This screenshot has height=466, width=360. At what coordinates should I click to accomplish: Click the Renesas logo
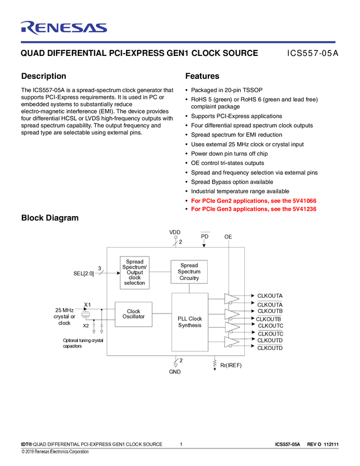click(x=64, y=28)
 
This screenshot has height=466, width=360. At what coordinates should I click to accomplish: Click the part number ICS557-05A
click(x=313, y=53)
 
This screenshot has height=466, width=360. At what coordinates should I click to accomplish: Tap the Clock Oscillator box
click(x=133, y=314)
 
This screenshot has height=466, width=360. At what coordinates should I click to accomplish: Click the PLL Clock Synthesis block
click(x=190, y=322)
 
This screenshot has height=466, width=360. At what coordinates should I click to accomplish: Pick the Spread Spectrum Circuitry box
click(x=189, y=272)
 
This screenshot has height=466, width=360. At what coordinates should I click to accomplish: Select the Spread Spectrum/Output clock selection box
click(x=134, y=272)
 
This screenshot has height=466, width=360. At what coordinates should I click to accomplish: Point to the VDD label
click(x=175, y=232)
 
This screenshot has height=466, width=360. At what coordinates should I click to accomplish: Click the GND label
click(x=175, y=372)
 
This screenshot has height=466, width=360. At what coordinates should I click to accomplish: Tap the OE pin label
click(x=228, y=236)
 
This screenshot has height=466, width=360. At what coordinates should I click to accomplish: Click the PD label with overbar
click(x=204, y=236)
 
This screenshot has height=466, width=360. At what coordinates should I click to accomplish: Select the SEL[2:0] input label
click(x=83, y=273)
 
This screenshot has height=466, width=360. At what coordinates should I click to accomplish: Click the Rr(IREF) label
click(x=231, y=365)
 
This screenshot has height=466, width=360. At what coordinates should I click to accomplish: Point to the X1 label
click(x=87, y=304)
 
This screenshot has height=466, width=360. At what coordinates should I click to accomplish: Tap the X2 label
click(x=85, y=326)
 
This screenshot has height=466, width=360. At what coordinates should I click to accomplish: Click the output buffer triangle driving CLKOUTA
click(x=231, y=299)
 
